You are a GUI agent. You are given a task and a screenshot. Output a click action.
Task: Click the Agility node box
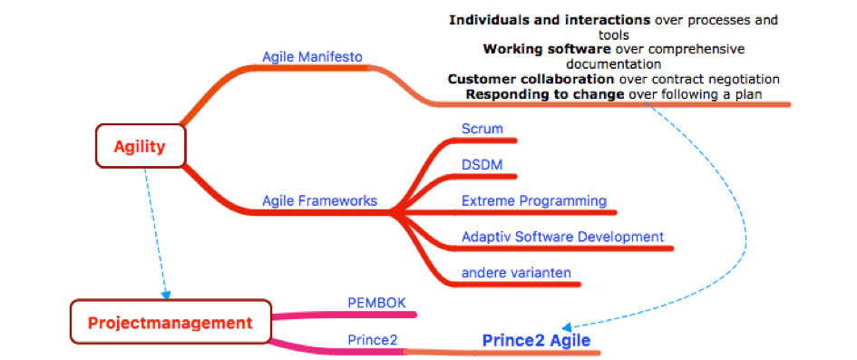(x=141, y=145)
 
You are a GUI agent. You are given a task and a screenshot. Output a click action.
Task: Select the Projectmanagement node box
(x=170, y=322)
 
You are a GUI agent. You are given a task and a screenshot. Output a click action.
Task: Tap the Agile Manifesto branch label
(x=312, y=57)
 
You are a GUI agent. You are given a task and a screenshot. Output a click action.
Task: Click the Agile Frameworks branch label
(x=319, y=200)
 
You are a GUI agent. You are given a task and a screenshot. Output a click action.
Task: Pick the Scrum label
(x=482, y=129)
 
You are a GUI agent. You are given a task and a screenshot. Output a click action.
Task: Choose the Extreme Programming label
(x=533, y=200)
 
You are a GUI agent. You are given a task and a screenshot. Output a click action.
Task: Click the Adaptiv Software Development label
(x=562, y=237)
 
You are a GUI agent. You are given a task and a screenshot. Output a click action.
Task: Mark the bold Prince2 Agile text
(x=536, y=341)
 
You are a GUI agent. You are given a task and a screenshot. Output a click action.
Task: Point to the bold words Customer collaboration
(x=531, y=79)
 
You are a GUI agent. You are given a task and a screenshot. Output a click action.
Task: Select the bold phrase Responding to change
(x=544, y=93)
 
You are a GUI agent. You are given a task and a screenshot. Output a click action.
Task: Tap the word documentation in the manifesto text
(x=613, y=63)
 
